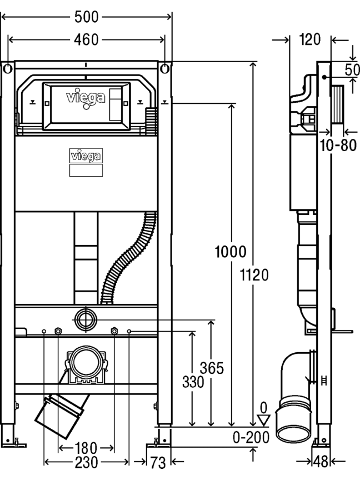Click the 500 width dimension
[x=87, y=17]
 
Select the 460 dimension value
[x=86, y=39]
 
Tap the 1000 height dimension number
[x=231, y=252]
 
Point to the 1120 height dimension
[x=254, y=274]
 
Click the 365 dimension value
[x=212, y=368]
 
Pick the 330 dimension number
[x=193, y=382]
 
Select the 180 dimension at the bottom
[x=86, y=448]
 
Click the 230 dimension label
[x=86, y=462]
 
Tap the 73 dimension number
[x=158, y=463]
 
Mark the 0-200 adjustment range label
[x=251, y=437]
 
